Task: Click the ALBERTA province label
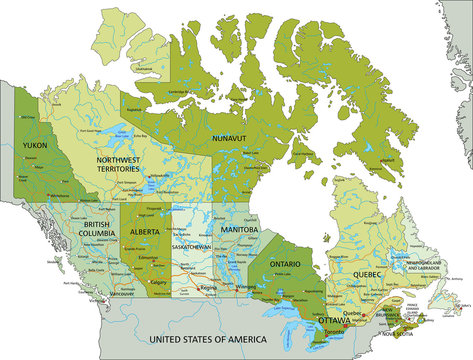[x=145, y=231]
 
